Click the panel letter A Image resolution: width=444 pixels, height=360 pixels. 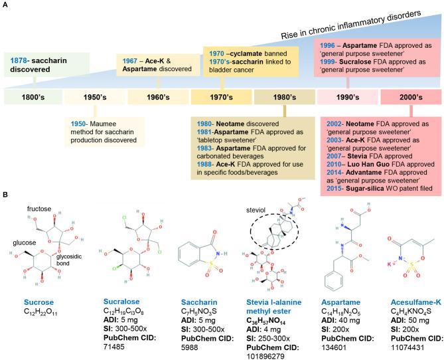click(x=7, y=5)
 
